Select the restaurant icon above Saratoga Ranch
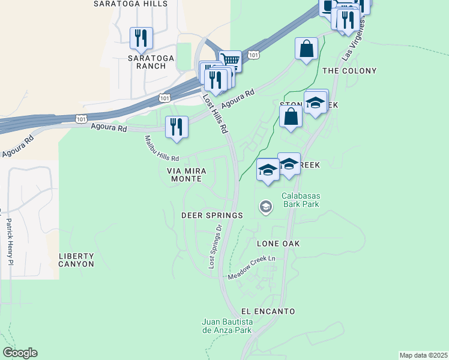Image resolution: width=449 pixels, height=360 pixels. [141, 38]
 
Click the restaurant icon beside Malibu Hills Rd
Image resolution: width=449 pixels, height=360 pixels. [176, 127]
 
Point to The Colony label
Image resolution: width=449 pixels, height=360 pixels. [349, 71]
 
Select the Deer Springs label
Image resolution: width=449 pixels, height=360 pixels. [212, 215]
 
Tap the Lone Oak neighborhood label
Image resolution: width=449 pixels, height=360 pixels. [278, 244]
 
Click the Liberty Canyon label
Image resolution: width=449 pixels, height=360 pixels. [76, 260]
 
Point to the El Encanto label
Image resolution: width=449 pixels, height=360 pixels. [268, 311]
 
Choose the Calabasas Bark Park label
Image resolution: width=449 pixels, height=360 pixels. [300, 200]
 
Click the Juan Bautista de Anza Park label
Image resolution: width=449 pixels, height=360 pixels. [227, 326]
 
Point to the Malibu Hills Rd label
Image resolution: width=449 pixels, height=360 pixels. [161, 149]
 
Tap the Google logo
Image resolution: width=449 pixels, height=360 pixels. [20, 353]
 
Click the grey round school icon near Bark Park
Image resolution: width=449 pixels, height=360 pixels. [265, 208]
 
